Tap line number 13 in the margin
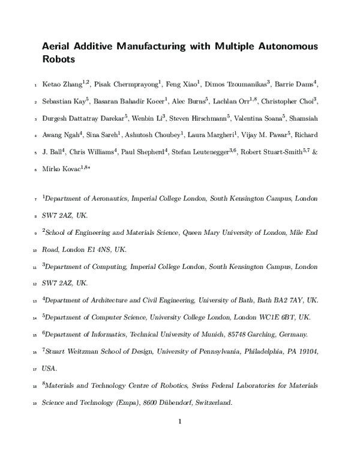pyautogui.click(x=34, y=300)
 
